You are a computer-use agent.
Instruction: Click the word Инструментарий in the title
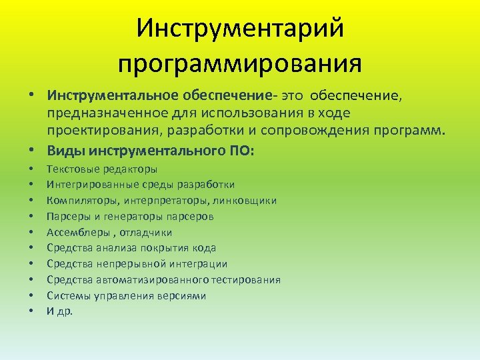coord(240,28)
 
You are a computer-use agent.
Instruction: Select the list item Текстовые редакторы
coord(101,169)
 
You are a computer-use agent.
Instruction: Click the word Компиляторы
coord(77,201)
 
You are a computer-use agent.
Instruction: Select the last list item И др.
coord(60,311)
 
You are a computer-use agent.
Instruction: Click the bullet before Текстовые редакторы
coord(31,169)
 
